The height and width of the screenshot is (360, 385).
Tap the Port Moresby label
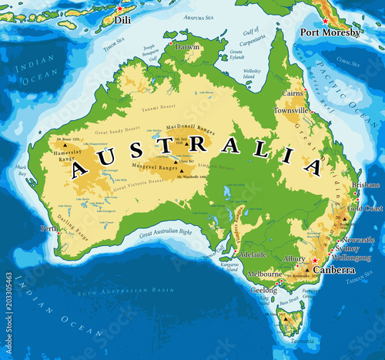coord(330,32)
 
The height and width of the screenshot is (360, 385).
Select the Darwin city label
coord(187,46)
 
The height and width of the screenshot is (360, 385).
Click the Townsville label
coord(292,111)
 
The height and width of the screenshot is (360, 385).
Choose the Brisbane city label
coord(365,186)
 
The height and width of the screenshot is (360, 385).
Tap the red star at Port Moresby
coord(326,21)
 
